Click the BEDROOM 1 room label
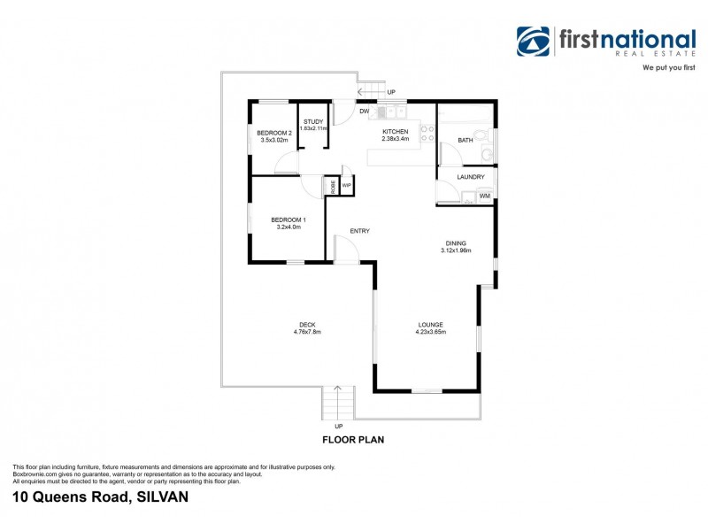tap(289, 219)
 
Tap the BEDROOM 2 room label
tap(274, 133)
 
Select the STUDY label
tap(313, 121)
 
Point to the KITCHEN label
tap(395, 131)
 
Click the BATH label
tap(465, 140)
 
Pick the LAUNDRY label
tap(470, 177)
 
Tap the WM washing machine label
tap(484, 196)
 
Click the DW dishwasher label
tap(364, 111)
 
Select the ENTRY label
tap(359, 231)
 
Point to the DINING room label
tap(455, 242)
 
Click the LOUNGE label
tap(431, 325)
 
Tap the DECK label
tap(306, 325)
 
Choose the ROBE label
tap(333, 186)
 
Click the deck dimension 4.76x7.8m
tap(306, 333)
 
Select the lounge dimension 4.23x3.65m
tap(431, 333)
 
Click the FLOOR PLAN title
tap(352, 439)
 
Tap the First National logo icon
tap(534, 42)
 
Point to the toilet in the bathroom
tap(485, 155)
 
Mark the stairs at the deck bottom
tap(337, 404)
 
